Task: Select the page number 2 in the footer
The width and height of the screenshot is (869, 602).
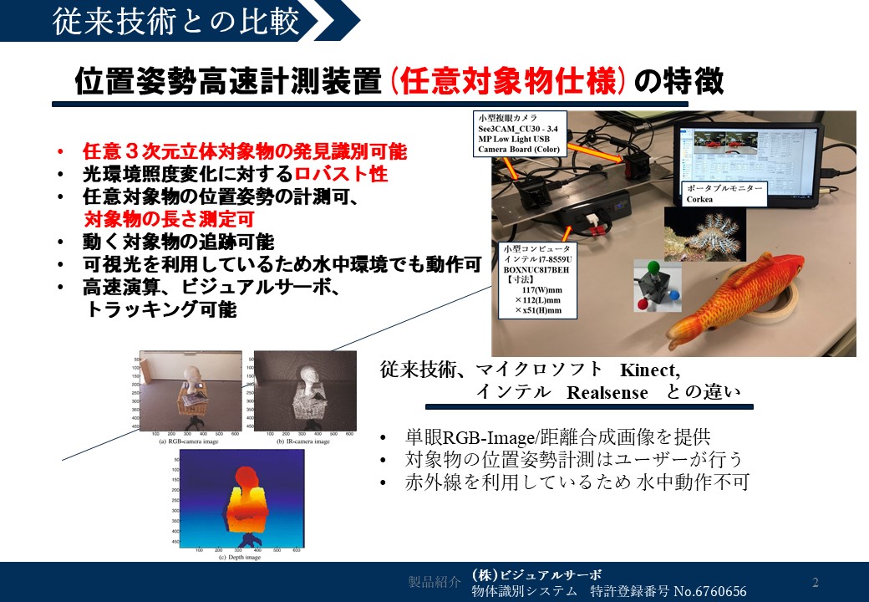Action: click(816, 582)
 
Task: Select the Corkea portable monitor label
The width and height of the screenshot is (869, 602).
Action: click(722, 194)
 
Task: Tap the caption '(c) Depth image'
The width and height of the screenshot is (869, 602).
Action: click(241, 557)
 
